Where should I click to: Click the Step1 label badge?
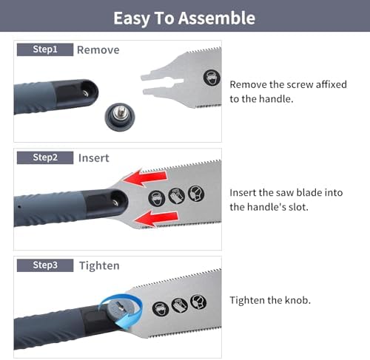[45, 50]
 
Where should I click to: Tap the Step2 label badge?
[45, 157]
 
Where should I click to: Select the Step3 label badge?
[45, 265]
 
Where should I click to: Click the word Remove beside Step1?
[98, 50]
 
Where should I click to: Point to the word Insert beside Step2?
[94, 158]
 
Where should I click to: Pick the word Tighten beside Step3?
[99, 266]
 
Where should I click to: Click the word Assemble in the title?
[217, 18]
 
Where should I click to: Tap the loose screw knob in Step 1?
[120, 117]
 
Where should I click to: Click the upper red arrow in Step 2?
[146, 177]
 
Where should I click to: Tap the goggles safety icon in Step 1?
[212, 78]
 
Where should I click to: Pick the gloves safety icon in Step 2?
[177, 196]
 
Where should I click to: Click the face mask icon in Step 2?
[196, 194]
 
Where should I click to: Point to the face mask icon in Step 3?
[198, 302]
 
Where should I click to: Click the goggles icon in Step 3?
[161, 308]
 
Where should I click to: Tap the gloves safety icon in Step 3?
[180, 305]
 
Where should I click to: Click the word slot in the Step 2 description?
[298, 207]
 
